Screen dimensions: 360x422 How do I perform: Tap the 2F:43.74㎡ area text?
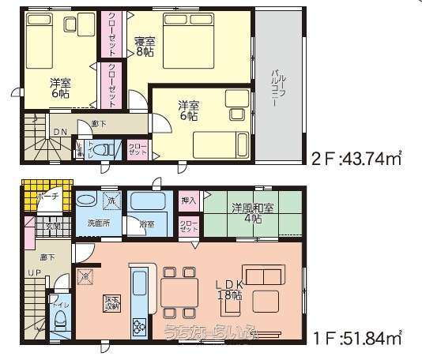pos(355,159)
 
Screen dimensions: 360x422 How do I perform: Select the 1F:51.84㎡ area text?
pos(356,339)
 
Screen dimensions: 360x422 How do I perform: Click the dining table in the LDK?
pos(179,290)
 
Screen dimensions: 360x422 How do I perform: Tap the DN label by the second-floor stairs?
pos(60,132)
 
